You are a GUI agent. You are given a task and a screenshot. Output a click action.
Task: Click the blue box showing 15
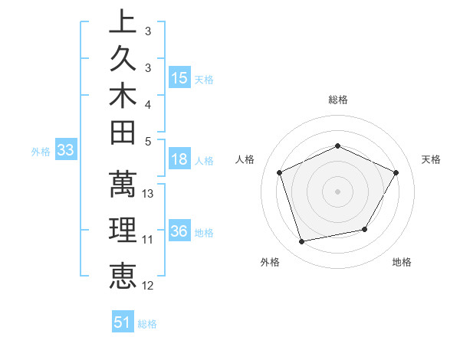(x=179, y=78)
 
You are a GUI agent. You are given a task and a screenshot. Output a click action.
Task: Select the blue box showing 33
(x=66, y=151)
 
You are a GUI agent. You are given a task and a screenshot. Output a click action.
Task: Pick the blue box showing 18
(x=179, y=159)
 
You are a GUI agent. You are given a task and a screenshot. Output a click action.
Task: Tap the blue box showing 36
(x=179, y=232)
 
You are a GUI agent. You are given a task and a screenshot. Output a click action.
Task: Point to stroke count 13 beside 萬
(x=148, y=194)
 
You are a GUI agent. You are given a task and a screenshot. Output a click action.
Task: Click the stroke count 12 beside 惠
(x=148, y=286)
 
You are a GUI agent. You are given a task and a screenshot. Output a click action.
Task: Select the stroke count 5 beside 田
(x=148, y=141)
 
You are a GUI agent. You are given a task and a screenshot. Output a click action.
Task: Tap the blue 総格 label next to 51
(x=147, y=324)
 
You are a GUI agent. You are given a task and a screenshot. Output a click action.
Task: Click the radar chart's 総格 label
(x=338, y=100)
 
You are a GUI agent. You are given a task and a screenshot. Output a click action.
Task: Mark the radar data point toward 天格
(x=396, y=172)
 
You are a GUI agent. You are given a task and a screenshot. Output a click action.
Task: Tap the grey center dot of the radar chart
(x=338, y=191)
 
